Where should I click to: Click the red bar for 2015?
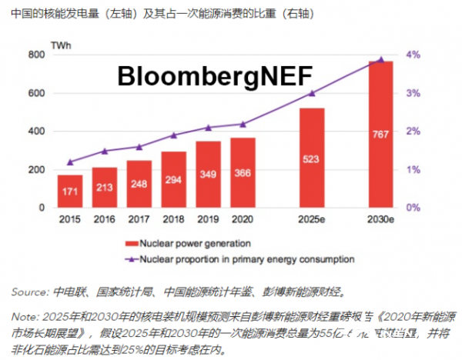click(69, 192)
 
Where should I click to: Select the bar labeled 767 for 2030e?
click(381, 135)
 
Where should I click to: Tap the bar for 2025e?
click(312, 158)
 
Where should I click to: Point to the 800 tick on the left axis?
click(35, 55)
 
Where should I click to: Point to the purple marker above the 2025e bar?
click(312, 93)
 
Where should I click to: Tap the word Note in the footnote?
click(24, 316)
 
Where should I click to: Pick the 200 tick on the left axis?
click(35, 170)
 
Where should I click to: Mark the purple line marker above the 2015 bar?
click(69, 162)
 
